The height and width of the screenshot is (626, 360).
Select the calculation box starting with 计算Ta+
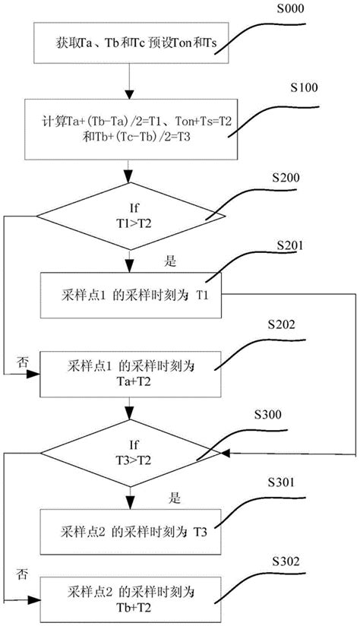click(x=131, y=128)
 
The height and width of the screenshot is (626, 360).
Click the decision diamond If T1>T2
click(x=131, y=219)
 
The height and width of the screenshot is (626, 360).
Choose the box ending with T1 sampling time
click(x=131, y=292)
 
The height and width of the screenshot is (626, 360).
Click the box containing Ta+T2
click(x=131, y=373)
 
